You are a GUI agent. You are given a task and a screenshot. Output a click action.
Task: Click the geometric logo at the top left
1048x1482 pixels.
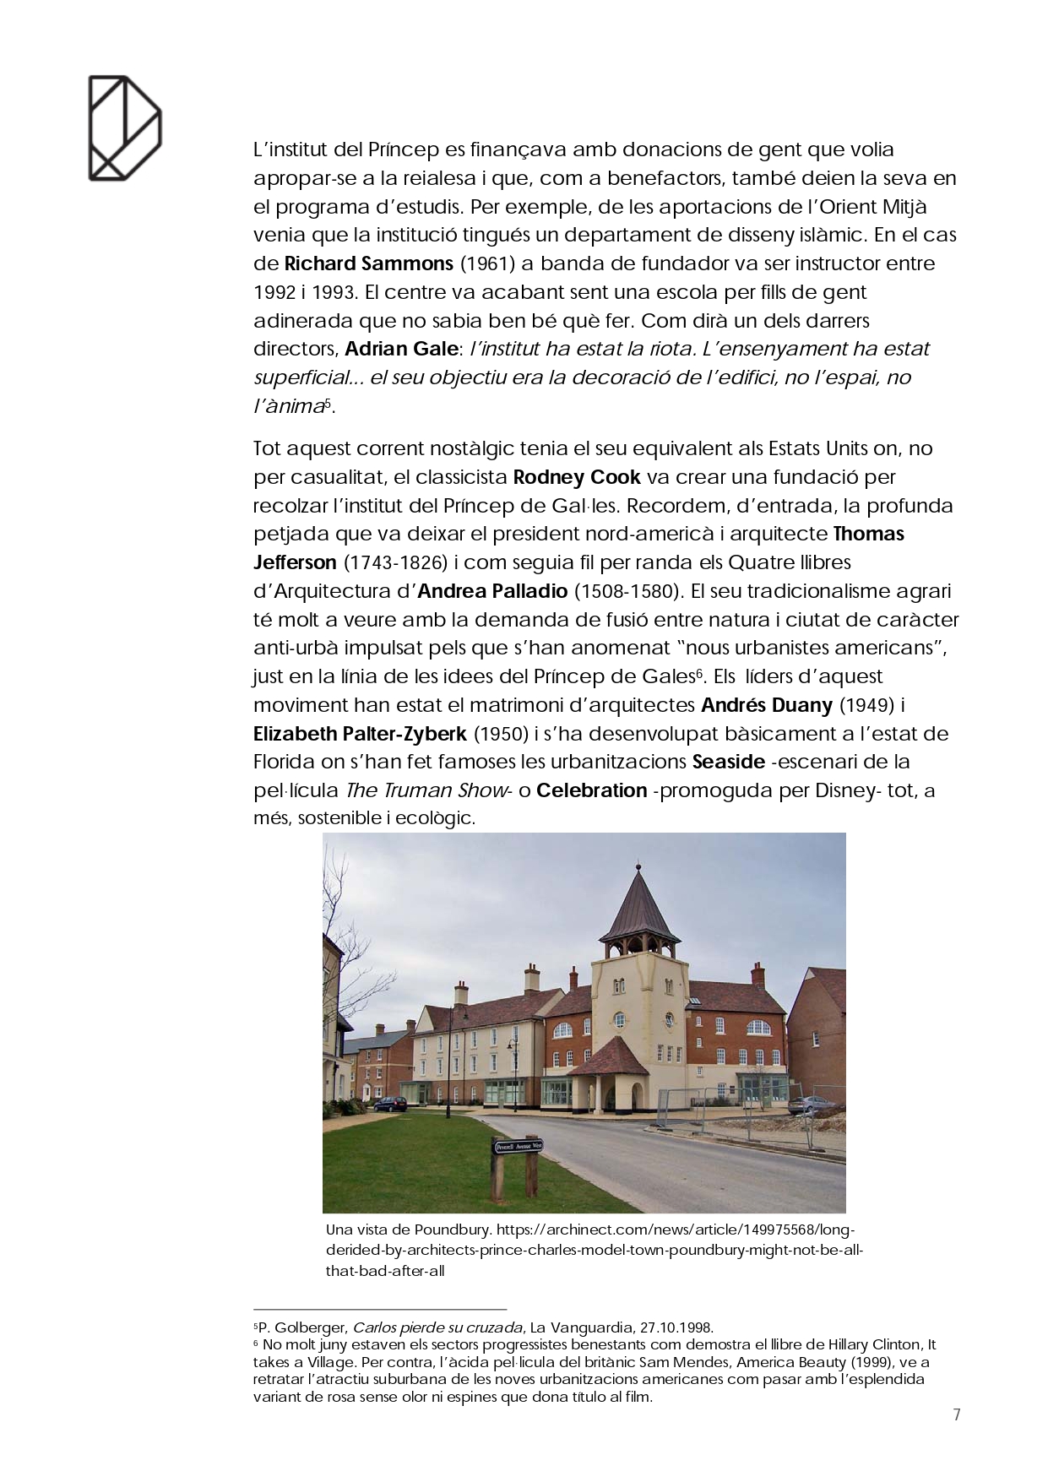[x=124, y=128]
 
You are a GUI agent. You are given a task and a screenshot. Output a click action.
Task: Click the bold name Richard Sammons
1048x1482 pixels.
[x=369, y=263]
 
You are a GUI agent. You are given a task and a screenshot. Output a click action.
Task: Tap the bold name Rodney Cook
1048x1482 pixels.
[x=578, y=477]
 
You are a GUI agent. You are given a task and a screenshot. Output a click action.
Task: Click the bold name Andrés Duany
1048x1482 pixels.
[x=767, y=704]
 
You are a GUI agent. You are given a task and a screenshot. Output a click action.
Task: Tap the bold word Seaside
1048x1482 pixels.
[x=728, y=762]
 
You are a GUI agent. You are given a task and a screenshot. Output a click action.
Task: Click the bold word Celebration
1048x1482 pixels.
[x=592, y=791]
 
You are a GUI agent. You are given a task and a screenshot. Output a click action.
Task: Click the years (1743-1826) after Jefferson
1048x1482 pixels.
[x=390, y=562]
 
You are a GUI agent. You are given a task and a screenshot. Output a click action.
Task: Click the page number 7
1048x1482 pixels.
[x=957, y=1415]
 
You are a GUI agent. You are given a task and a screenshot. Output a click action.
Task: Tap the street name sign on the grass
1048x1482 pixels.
[x=518, y=1146]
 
